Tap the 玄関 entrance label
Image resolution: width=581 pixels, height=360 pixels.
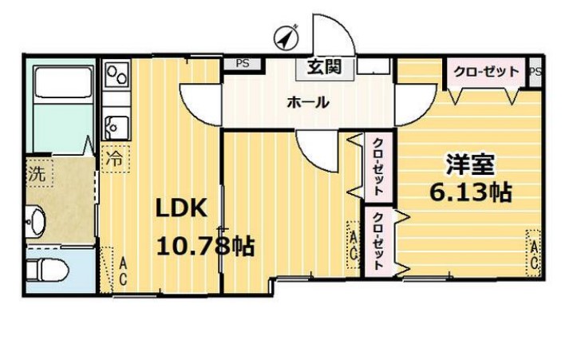click(x=324, y=68)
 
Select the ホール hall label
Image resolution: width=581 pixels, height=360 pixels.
click(x=308, y=102)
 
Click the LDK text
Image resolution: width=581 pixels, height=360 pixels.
click(x=181, y=208)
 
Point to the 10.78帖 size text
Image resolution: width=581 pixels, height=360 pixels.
click(x=205, y=246)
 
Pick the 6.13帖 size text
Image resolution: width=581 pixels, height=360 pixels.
click(x=471, y=192)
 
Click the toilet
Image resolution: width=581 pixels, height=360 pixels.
click(x=47, y=270)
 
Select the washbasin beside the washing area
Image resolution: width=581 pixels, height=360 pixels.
click(x=36, y=220)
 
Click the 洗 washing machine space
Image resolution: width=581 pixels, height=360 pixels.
click(x=39, y=173)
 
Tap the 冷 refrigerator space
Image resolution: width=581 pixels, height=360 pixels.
click(x=115, y=159)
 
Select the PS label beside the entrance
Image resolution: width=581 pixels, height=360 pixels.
click(x=243, y=64)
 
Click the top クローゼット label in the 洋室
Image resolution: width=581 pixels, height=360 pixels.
click(x=486, y=71)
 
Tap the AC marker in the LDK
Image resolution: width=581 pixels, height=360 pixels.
click(x=123, y=272)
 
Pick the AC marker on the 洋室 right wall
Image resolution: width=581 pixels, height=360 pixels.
click(x=534, y=254)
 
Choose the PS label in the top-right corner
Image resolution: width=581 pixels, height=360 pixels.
click(x=536, y=72)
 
